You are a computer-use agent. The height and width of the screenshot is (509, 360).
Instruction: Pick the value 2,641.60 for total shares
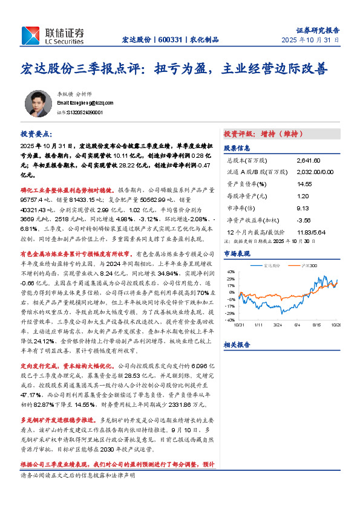(x=309, y=161)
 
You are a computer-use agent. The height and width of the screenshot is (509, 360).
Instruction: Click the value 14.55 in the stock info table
(x=304, y=184)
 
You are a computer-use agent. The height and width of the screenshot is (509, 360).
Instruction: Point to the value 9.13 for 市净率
(x=303, y=206)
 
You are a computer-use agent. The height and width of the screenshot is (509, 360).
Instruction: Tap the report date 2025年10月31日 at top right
(x=310, y=40)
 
